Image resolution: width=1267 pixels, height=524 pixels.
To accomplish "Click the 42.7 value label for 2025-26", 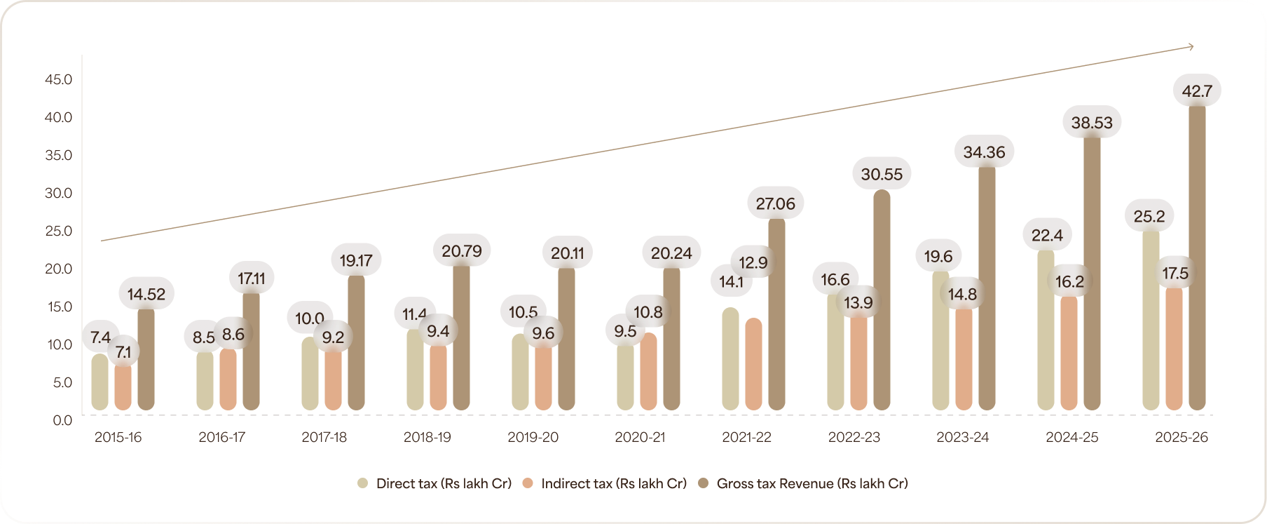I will point(1196,91).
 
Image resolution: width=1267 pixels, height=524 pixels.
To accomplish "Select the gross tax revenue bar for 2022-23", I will point(882,302).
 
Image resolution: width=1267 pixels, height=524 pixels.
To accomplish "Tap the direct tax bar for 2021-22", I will point(730,359).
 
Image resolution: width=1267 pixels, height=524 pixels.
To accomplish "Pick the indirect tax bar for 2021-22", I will point(753,365).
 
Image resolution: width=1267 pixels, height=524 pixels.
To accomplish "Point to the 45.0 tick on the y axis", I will point(59,79).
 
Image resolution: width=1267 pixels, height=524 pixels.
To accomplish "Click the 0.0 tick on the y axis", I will point(62,420).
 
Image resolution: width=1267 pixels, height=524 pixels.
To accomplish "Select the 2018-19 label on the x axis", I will point(427,437).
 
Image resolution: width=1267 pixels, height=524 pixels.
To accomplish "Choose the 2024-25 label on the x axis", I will point(1071,437).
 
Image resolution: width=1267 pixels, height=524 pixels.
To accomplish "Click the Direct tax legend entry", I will point(434,483).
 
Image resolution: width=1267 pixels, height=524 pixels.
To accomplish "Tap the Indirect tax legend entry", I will point(605,483).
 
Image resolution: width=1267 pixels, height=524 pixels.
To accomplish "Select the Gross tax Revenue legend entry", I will point(803,483).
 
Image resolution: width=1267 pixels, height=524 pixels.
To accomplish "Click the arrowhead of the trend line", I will point(1191,47).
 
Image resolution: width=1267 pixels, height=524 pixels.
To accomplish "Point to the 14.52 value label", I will point(146,294).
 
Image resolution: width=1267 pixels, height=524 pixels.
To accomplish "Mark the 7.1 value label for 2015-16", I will point(123,351).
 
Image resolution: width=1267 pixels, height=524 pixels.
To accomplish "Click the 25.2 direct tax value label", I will point(1149,216).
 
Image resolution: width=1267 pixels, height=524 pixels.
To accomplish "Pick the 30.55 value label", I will point(882,174).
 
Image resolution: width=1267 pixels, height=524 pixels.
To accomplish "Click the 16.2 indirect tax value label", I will point(1069,281).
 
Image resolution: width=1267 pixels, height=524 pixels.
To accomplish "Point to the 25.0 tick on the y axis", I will point(59,231).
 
